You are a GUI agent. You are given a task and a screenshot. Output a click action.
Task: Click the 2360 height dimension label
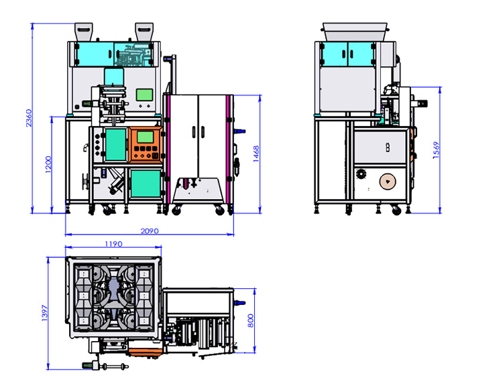coord(30,118)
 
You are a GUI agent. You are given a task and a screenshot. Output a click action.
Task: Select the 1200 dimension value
coord(48,164)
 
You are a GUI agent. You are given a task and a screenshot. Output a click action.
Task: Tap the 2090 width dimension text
coord(150,231)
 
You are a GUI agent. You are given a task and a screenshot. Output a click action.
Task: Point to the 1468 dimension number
coord(256,154)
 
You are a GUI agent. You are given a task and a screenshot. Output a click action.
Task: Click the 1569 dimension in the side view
coord(436,150)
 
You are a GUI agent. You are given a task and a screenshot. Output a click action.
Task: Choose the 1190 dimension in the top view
coord(113,244)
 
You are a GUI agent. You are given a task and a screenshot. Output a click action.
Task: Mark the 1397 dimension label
coord(44,313)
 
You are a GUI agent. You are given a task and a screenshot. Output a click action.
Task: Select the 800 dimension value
coord(251,320)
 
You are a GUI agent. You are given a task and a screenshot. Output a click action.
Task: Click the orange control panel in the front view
coord(146,145)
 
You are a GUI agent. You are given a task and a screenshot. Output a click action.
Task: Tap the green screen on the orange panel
coord(146,137)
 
